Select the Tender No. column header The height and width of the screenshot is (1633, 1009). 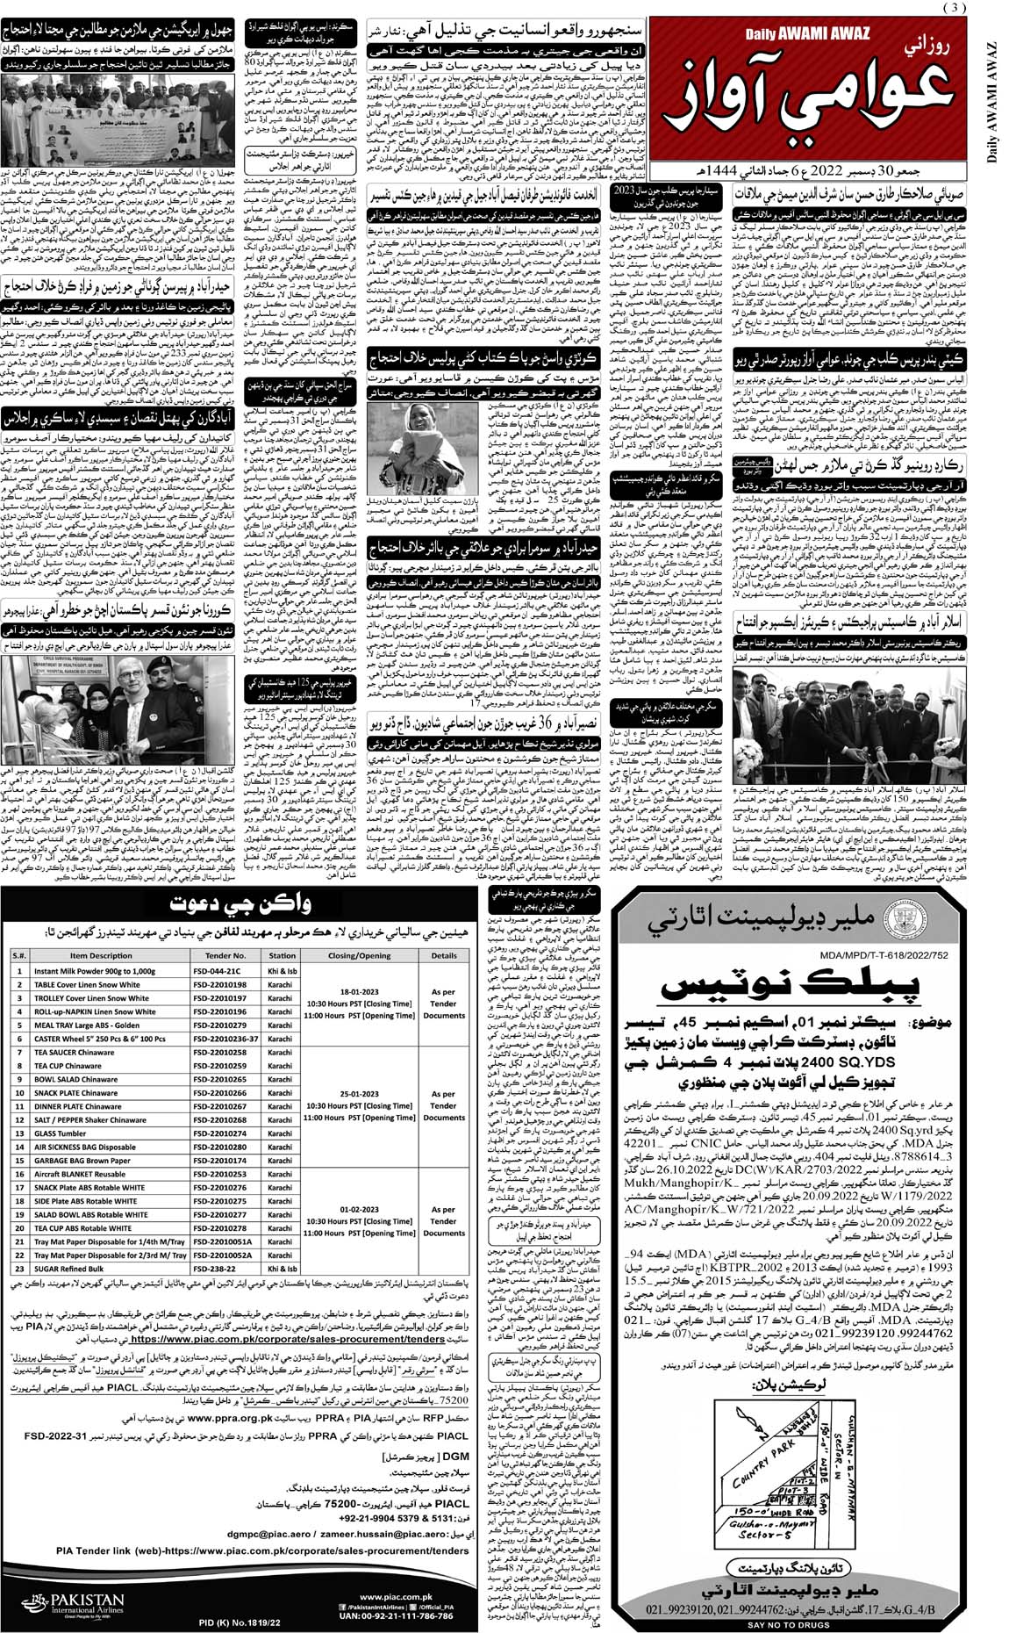point(219,955)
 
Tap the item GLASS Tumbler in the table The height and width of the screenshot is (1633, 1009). point(61,1133)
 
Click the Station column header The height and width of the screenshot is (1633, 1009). point(282,955)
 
